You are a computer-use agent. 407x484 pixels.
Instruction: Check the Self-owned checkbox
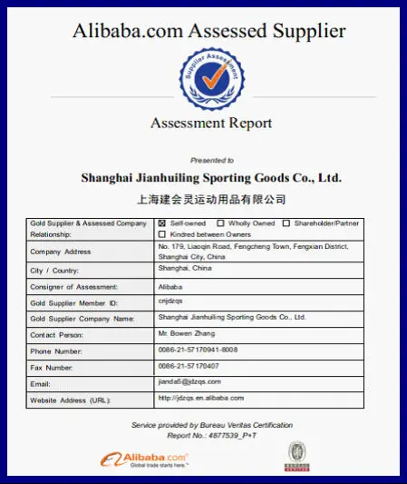162,222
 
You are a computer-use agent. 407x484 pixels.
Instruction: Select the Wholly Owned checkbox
220,222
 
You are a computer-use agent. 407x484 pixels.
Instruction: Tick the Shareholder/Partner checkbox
286,222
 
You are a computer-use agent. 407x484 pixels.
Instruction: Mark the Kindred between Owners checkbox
162,234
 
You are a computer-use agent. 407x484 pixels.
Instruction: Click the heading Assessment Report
210,123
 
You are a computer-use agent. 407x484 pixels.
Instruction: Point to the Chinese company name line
210,198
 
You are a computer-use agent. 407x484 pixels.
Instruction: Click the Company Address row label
61,252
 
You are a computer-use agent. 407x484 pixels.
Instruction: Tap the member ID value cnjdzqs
171,301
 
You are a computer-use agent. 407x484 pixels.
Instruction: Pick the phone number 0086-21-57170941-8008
198,350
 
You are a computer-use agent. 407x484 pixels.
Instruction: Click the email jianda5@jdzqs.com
189,382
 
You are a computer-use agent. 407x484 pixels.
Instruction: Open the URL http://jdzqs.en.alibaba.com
200,398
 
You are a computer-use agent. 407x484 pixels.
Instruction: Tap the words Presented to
211,160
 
